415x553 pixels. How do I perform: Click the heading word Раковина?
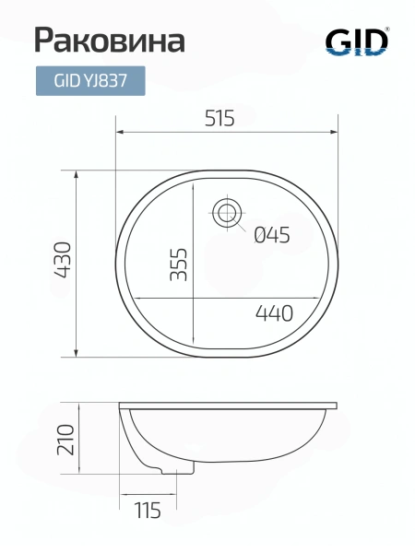click(x=110, y=41)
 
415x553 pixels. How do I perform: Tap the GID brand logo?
click(x=357, y=42)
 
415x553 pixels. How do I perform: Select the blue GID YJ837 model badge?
click(x=90, y=81)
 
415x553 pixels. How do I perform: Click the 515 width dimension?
click(x=219, y=118)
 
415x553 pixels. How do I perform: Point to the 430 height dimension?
click(x=64, y=260)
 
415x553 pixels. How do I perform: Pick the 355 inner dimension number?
click(x=179, y=265)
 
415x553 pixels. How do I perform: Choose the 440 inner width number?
click(x=274, y=312)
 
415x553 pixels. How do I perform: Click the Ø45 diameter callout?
click(x=272, y=235)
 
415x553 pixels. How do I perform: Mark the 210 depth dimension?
click(x=66, y=440)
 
